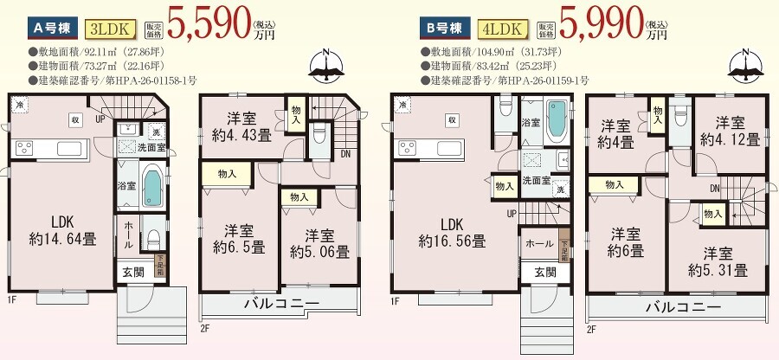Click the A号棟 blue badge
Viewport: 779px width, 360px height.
pyautogui.click(x=53, y=29)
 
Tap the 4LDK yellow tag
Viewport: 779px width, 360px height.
pyautogui.click(x=502, y=29)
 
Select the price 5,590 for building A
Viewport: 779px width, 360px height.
pyautogui.click(x=208, y=22)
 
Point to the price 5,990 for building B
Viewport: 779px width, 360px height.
pyautogui.click(x=600, y=22)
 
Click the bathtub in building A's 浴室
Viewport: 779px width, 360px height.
pyautogui.click(x=152, y=186)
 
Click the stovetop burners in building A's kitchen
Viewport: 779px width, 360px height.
pyautogui.click(x=25, y=148)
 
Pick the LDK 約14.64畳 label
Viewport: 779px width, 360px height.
pyautogui.click(x=62, y=230)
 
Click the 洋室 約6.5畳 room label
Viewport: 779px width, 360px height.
pyautogui.click(x=239, y=239)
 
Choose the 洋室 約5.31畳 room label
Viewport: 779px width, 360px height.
pyautogui.click(x=718, y=262)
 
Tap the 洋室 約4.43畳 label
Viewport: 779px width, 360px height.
pyautogui.click(x=242, y=127)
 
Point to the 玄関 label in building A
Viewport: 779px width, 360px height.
pyautogui.click(x=132, y=272)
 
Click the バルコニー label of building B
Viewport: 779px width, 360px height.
pyautogui.click(x=683, y=307)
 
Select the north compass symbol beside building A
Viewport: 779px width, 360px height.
pyautogui.click(x=327, y=66)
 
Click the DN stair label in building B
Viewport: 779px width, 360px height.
pyautogui.click(x=715, y=188)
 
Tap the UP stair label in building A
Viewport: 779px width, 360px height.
pyautogui.click(x=101, y=119)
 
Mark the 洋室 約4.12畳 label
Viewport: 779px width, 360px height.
pyautogui.click(x=731, y=131)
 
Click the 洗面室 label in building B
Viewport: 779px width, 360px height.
pyautogui.click(x=536, y=180)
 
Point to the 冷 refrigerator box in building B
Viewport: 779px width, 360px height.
pyautogui.click(x=402, y=105)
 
